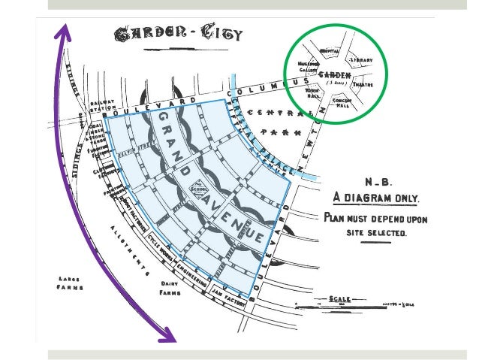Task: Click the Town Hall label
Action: [312, 94]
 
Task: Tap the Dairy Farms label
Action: [173, 289]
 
